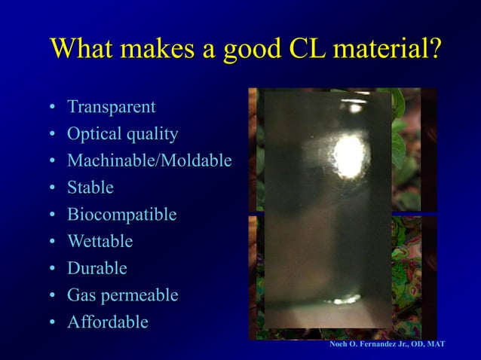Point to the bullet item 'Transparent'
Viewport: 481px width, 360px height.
tap(111, 107)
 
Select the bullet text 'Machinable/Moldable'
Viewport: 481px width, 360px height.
tap(149, 161)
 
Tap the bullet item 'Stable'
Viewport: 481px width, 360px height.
tap(90, 188)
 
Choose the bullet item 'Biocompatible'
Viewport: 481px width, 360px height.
tap(121, 215)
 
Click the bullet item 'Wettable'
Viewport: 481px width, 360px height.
tap(100, 242)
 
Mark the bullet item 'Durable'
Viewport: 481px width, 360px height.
tap(97, 268)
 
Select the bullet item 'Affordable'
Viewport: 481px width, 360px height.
tap(107, 322)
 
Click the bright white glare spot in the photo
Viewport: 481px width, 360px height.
tap(348, 155)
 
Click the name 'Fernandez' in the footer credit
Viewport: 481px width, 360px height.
tap(378, 344)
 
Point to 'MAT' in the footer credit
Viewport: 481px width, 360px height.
tap(436, 344)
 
